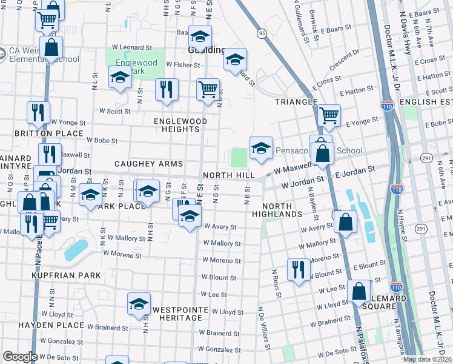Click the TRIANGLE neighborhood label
point(296,102)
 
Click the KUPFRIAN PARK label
point(67,275)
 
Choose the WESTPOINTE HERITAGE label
point(177,314)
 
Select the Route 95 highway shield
point(261,33)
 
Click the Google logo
point(20,357)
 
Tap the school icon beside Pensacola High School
point(261,147)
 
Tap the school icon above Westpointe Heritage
point(139,303)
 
